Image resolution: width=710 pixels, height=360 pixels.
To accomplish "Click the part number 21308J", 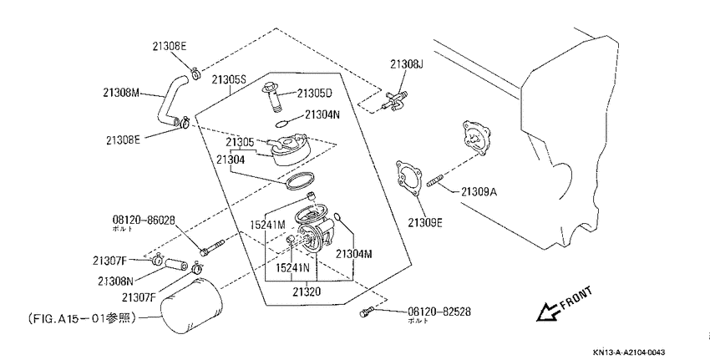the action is tap(406, 64).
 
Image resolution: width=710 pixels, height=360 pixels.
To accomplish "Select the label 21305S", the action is tap(229, 80).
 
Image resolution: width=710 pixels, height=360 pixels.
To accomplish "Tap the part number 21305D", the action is tap(315, 94).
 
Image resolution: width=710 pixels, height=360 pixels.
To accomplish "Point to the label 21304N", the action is tap(322, 114).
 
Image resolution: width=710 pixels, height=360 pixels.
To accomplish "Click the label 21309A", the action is tap(479, 192).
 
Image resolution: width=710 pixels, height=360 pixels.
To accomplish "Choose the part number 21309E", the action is tap(424, 223).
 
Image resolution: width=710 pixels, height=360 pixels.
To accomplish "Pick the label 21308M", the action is tap(121, 94).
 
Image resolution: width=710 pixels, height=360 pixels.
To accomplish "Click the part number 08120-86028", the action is tap(144, 221).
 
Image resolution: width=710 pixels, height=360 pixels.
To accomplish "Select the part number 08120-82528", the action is tap(439, 312).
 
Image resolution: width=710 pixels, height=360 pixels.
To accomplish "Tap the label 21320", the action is tap(306, 292).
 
